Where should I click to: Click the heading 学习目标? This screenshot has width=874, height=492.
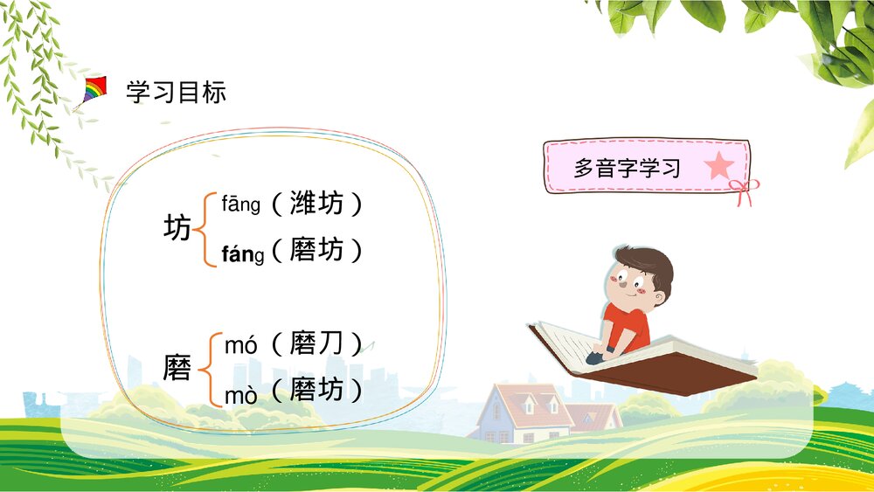click(177, 92)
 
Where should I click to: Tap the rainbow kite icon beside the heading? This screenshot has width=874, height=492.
click(94, 90)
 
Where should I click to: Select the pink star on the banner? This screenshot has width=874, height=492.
click(719, 166)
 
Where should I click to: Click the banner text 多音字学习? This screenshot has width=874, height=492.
click(627, 168)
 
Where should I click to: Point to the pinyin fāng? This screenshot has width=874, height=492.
click(241, 205)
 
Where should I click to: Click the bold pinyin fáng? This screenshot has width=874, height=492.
click(242, 253)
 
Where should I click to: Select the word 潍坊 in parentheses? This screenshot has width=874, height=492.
click(316, 204)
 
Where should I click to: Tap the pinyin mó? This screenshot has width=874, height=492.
click(240, 345)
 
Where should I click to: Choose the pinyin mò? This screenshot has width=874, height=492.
click(240, 396)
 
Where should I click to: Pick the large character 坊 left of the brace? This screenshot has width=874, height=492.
click(177, 229)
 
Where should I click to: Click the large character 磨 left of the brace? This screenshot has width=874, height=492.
click(177, 369)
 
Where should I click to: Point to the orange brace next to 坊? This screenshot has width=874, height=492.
click(202, 230)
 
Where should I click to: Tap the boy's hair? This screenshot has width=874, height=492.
click(645, 262)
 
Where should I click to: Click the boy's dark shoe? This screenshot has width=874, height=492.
click(596, 357)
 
